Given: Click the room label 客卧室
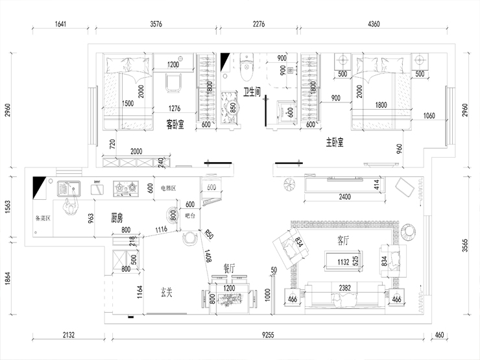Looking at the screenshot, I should (175, 122).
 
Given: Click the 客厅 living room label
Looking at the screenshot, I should (343, 240).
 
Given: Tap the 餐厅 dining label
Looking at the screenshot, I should (229, 267).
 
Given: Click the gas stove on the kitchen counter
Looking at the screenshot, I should (125, 188).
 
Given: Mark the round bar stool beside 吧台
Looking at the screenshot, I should (189, 237).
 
